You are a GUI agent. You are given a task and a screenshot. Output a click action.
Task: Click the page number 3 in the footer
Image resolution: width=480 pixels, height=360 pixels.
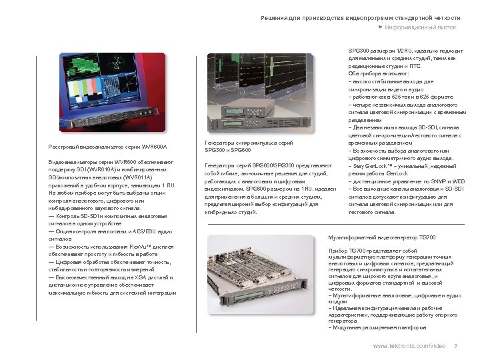point(454,345)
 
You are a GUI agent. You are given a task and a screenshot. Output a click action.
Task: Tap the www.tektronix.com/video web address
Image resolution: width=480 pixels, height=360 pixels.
point(409,345)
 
